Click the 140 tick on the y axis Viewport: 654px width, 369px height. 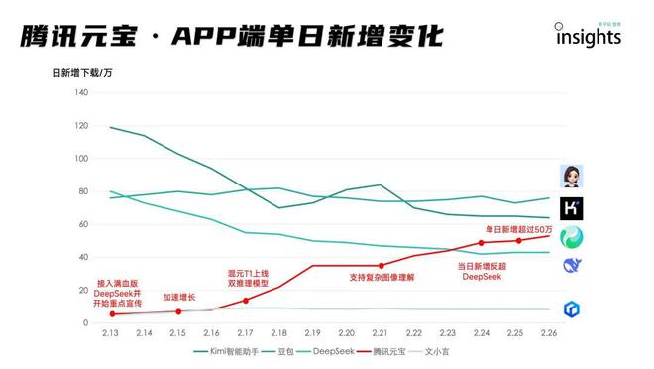click(81, 92)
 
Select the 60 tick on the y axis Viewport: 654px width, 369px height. click(83, 224)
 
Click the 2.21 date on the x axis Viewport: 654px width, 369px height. click(381, 333)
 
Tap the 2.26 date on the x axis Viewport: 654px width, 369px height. click(549, 333)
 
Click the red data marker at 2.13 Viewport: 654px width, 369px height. click(111, 314)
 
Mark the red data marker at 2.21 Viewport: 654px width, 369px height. click(381, 265)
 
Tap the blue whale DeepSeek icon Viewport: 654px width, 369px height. click(572, 265)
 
